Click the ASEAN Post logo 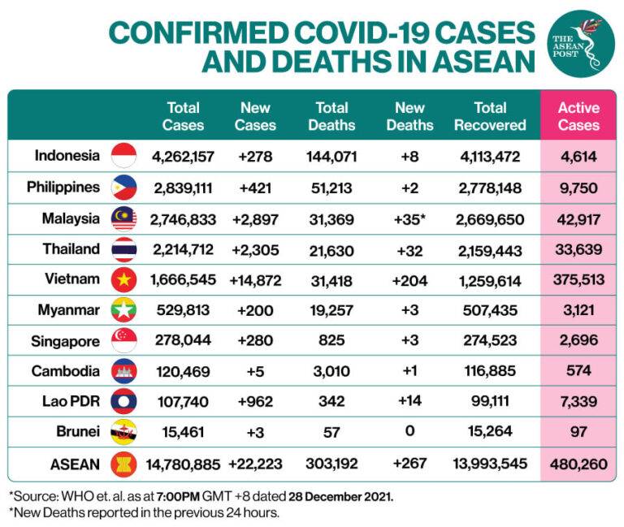(x=581, y=44)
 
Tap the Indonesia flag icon (x=123, y=155)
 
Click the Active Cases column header (x=578, y=116)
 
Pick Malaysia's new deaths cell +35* (x=410, y=218)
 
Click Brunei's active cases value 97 (x=578, y=432)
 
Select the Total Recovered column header (x=490, y=116)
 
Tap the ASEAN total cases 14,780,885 (x=183, y=464)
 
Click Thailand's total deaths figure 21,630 (x=331, y=248)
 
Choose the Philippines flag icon (x=123, y=187)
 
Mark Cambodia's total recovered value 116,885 (x=490, y=371)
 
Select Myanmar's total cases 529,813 (x=183, y=310)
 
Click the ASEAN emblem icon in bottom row (x=123, y=464)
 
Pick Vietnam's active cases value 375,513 (x=578, y=279)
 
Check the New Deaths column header (x=410, y=116)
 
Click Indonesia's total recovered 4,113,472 (x=490, y=155)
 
